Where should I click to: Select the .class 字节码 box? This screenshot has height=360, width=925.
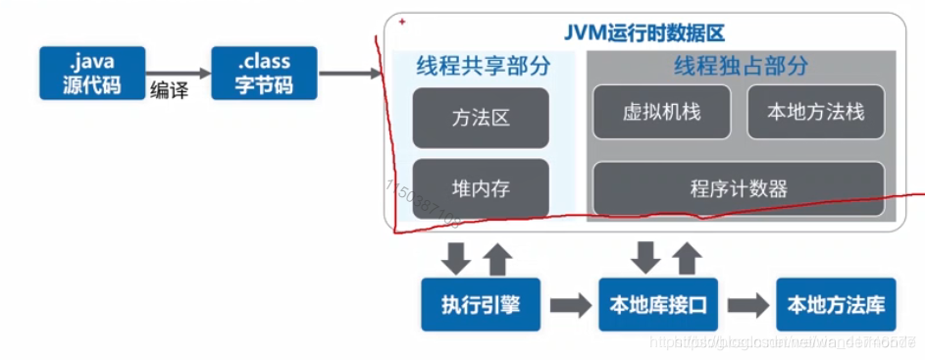[263, 73]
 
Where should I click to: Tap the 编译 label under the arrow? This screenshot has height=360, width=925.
[168, 91]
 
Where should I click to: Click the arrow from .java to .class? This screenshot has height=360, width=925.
[179, 73]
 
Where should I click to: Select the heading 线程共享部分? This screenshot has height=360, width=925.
[480, 67]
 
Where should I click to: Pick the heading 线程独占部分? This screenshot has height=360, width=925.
[740, 67]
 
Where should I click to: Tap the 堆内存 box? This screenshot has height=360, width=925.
[481, 188]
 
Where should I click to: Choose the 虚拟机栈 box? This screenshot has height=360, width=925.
[661, 112]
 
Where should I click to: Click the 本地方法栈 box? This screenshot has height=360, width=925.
[815, 112]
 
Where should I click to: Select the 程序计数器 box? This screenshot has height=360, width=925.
[739, 188]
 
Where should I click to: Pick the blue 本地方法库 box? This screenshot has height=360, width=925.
[835, 305]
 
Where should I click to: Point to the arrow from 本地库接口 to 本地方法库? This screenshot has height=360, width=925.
[747, 305]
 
